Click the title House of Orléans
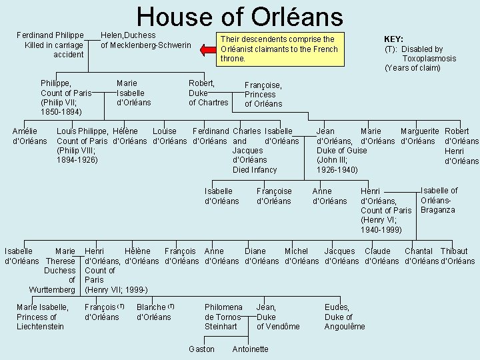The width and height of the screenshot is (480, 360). coord(239,17)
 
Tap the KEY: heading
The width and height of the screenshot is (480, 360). coord(393,39)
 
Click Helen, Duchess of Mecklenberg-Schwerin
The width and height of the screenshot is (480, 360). coord(145,40)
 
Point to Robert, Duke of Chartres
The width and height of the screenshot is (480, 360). coord(208,93)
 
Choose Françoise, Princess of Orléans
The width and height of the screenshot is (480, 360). coord(263,95)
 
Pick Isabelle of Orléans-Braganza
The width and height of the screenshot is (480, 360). coord(439,200)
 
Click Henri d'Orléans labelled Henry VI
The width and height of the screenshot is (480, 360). coord(386,210)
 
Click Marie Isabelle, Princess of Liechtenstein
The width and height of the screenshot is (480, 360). coord(42,317)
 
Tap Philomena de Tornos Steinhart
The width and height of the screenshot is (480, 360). coord(223,317)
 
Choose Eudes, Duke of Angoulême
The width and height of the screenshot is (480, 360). coord(345,317)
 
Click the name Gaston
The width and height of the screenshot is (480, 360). coord(201,349)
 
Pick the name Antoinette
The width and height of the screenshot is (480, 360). coord(250,349)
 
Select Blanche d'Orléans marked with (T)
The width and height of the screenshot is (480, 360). coord(154,312)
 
